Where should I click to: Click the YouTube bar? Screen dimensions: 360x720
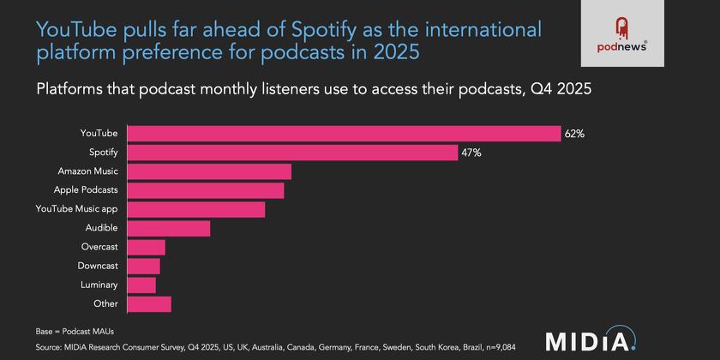[x=344, y=134]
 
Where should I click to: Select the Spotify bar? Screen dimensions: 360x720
[x=292, y=153]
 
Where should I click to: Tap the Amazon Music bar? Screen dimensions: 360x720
[x=209, y=171]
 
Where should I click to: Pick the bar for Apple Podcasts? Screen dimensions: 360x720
[x=206, y=190]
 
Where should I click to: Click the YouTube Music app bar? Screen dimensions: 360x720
[x=196, y=209]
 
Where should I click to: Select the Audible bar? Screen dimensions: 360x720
[x=169, y=228]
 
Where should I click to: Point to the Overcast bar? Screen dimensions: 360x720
[x=147, y=247]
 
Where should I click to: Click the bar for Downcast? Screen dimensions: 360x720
[x=144, y=266]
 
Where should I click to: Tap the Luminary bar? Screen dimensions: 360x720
[x=141, y=285]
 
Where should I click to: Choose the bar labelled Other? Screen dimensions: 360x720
[x=149, y=303]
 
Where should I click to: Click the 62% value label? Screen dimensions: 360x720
[x=573, y=134]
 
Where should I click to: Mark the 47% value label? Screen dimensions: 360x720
[x=471, y=153]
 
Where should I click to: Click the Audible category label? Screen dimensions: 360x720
[x=101, y=228]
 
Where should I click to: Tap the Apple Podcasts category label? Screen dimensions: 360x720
[x=86, y=190]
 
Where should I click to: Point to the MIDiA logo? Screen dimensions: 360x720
[x=591, y=339]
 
